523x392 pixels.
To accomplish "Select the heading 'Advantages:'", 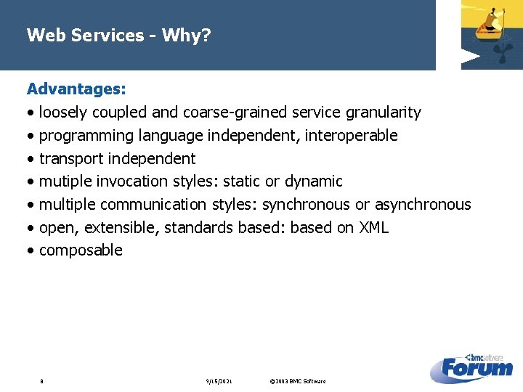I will point(76,89).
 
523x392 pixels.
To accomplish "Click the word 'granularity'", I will point(383,113).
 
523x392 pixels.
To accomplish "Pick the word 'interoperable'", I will point(351,136).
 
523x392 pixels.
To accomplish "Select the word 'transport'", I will point(71,158).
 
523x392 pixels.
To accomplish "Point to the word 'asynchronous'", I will point(423,205).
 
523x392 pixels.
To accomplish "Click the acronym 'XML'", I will point(373,228).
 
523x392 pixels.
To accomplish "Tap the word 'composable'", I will point(81,250).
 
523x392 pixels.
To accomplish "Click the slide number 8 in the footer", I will point(42,381).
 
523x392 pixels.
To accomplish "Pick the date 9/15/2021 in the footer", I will point(219,381).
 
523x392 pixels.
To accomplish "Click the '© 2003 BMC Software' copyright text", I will point(297,381).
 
